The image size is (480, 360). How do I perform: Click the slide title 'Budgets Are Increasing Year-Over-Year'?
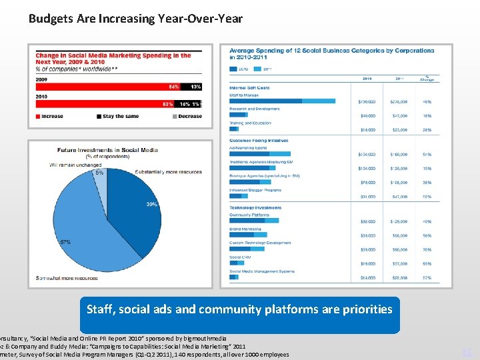click(135, 19)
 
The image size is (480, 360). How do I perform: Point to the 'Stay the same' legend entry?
click(119, 116)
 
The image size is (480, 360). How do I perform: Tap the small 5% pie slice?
click(101, 178)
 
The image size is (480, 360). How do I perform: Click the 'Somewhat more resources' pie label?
click(69, 278)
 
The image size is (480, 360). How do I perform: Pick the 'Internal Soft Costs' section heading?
click(249, 88)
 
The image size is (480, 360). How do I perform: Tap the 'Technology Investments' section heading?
click(255, 208)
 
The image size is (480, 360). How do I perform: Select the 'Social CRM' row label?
click(240, 257)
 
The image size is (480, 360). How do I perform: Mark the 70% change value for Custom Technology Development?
click(427, 249)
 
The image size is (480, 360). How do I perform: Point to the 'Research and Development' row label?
click(255, 109)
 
